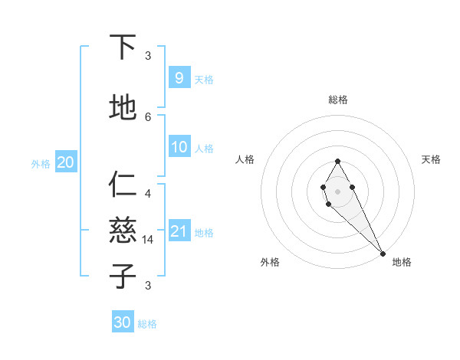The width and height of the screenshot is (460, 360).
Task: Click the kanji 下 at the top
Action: click(x=123, y=47)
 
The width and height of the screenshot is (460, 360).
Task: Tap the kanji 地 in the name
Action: click(x=123, y=108)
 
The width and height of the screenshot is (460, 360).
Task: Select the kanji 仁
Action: click(x=123, y=185)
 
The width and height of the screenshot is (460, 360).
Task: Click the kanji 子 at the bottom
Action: click(x=123, y=277)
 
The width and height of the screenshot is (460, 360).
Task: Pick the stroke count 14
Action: click(x=149, y=240)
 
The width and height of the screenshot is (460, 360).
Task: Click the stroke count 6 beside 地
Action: click(x=148, y=116)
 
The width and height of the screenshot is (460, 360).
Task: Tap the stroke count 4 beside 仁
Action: click(x=148, y=193)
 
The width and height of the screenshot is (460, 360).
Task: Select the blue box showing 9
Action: click(x=179, y=77)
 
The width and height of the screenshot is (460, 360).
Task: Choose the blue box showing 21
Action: click(x=179, y=231)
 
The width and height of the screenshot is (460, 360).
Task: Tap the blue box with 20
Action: click(x=65, y=162)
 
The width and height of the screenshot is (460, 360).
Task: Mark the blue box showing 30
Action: click(x=123, y=322)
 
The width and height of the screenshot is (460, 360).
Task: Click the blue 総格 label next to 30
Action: click(x=147, y=324)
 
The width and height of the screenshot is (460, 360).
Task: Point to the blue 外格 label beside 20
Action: click(x=41, y=163)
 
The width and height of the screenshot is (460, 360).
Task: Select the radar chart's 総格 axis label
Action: click(x=337, y=100)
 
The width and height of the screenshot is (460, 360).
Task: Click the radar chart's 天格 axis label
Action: click(x=431, y=159)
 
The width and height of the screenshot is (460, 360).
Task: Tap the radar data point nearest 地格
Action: click(x=382, y=253)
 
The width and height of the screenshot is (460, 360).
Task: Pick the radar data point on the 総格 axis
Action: click(x=337, y=162)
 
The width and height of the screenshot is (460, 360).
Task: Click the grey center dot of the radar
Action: click(x=337, y=191)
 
